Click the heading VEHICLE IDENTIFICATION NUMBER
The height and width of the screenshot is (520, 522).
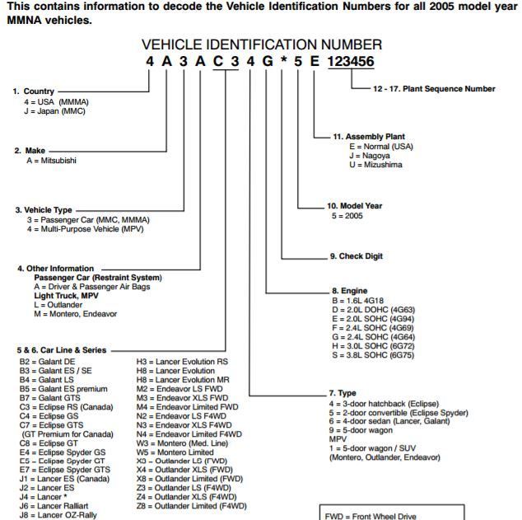[261, 45]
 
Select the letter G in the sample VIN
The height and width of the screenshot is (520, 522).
[267, 63]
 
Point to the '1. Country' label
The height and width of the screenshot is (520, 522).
[34, 91]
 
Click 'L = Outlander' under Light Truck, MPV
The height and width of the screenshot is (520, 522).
[61, 304]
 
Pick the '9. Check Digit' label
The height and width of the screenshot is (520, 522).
[361, 256]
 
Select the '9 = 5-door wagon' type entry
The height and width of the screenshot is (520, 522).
[367, 431]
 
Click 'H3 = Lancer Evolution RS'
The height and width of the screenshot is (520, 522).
[182, 361]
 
